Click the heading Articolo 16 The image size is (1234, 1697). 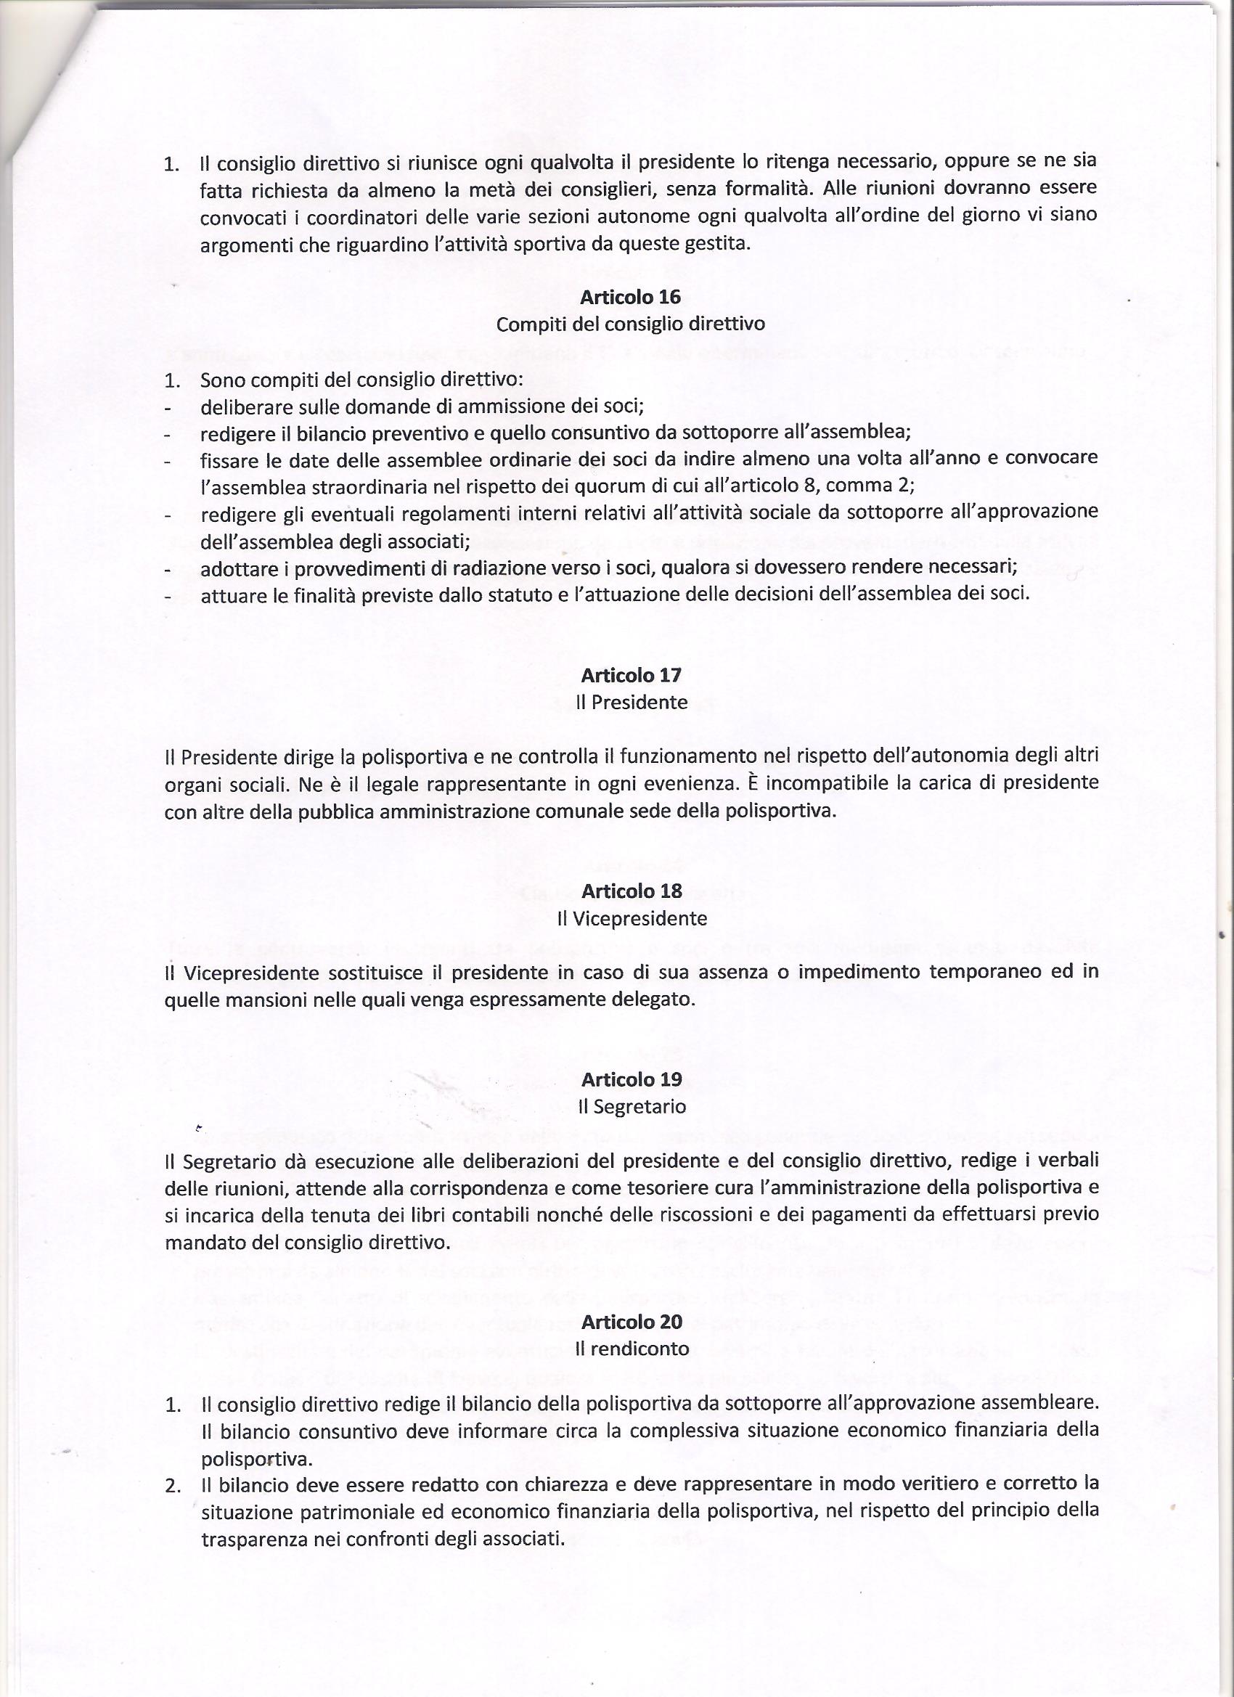tap(630, 297)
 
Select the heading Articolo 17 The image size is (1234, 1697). tap(630, 675)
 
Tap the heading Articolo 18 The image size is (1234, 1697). tap(630, 891)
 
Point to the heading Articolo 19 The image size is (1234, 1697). tap(630, 1079)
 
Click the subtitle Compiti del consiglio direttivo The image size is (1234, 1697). tap(630, 324)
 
